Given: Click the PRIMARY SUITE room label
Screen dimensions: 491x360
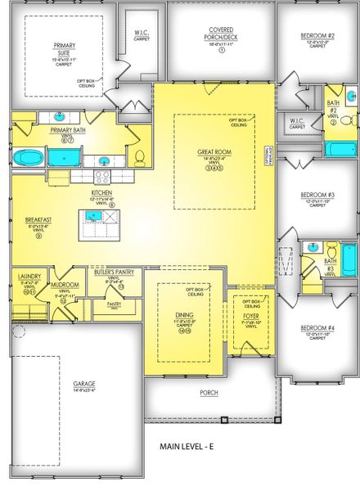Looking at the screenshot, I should pyautogui.click(x=63, y=48).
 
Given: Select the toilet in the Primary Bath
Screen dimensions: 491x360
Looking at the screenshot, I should pyautogui.click(x=139, y=156).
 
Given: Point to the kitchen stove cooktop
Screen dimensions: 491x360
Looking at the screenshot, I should pyautogui.click(x=104, y=174).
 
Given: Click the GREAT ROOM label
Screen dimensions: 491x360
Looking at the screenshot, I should pyautogui.click(x=214, y=152).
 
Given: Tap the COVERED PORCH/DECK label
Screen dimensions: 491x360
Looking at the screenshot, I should pyautogui.click(x=221, y=33).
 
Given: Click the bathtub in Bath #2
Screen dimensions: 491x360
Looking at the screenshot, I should pyautogui.click(x=339, y=149).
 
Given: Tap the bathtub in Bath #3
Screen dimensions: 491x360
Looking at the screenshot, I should pyautogui.click(x=348, y=261).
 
